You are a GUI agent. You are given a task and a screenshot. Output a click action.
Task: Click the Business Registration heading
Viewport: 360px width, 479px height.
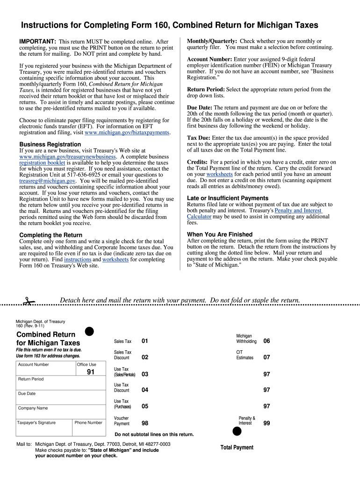pos(50,145)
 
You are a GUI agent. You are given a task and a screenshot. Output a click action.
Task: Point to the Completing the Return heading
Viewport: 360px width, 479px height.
pos(50,235)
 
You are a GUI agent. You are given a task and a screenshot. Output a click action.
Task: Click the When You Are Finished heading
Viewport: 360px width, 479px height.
pos(219,234)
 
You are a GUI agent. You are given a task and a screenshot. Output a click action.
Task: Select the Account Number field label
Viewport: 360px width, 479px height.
pos(34,364)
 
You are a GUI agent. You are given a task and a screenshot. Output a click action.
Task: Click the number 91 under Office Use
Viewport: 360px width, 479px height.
pos(91,373)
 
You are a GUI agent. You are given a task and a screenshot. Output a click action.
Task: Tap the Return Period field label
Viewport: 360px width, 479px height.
pos(31,379)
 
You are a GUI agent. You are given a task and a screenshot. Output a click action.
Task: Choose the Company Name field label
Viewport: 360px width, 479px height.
pos(33,408)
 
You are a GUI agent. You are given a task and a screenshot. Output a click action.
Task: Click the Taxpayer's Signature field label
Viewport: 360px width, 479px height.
pos(36,422)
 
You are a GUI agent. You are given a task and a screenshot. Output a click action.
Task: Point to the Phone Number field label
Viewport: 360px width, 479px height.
pos(88,422)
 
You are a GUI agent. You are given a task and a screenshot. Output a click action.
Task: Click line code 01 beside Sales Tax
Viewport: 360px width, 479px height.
pos(144,341)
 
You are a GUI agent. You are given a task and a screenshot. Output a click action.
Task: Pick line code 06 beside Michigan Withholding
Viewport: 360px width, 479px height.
pos(266,341)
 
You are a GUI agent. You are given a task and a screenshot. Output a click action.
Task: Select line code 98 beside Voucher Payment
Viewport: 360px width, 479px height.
pos(144,423)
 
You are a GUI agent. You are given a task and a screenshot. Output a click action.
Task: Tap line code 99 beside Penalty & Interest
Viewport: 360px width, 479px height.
pos(266,423)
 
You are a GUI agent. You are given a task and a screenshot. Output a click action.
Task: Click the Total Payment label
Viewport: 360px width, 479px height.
pos(237,448)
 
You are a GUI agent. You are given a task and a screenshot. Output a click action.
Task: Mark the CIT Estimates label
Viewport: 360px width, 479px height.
pos(245,355)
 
